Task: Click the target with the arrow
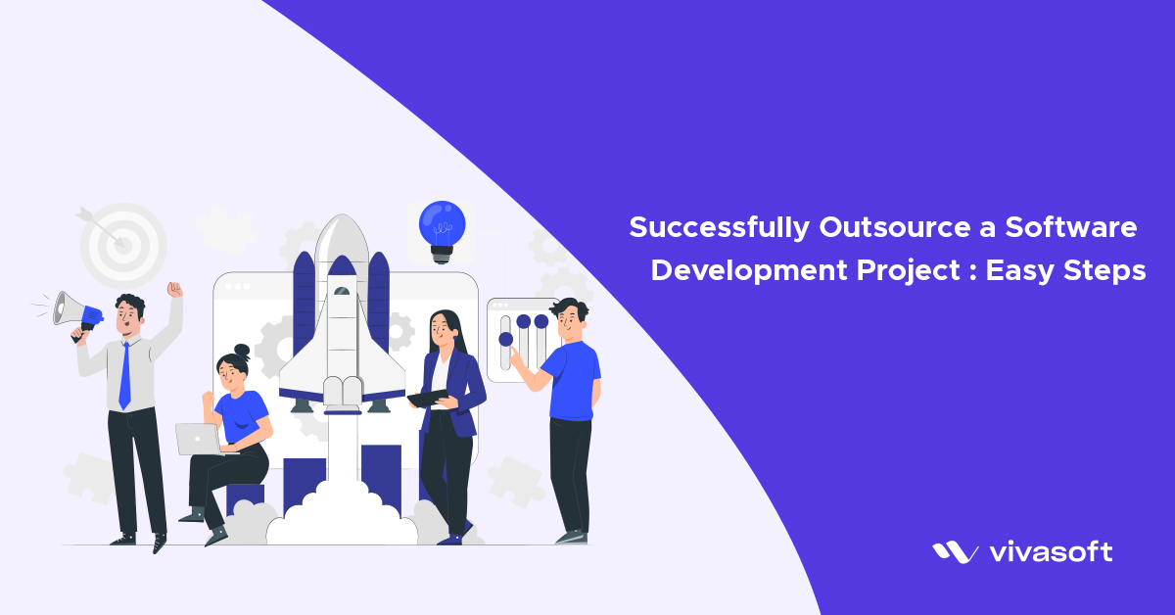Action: [x=121, y=242]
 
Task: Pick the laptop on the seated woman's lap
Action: [x=199, y=439]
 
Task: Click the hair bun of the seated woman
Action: [x=242, y=350]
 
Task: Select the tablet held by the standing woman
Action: [x=428, y=398]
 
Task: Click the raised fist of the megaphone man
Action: [x=174, y=290]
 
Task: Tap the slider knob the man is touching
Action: [x=505, y=340]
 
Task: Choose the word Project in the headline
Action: [x=906, y=271]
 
